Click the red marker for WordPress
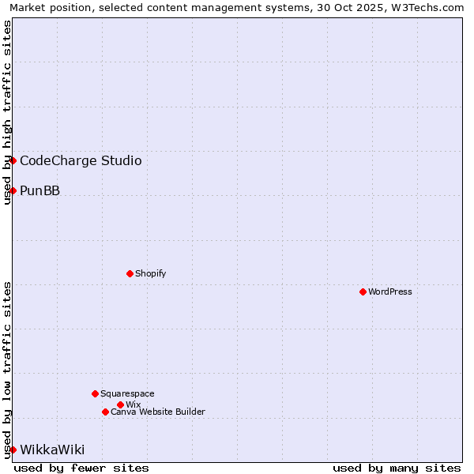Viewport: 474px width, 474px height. [363, 292]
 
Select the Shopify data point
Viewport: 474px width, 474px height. [130, 273]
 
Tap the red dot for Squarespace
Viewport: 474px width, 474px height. [95, 393]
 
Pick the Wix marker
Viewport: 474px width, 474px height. [120, 404]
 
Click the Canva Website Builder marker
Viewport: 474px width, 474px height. [105, 412]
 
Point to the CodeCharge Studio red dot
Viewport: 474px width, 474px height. [13, 160]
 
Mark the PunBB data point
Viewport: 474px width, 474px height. [13, 190]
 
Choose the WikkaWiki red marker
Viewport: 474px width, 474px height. [13, 450]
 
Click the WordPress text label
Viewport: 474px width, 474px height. [390, 292]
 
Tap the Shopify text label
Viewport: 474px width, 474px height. [150, 273]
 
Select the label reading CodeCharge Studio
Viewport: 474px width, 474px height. [81, 161]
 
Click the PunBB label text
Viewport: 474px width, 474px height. [39, 191]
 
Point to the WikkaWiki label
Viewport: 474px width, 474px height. [52, 450]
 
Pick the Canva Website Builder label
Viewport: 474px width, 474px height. [158, 412]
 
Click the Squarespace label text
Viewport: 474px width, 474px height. [127, 393]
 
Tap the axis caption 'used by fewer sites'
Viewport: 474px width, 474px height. [81, 468]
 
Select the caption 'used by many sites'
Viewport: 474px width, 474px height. [397, 468]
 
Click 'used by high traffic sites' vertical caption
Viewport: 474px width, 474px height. [7, 112]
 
